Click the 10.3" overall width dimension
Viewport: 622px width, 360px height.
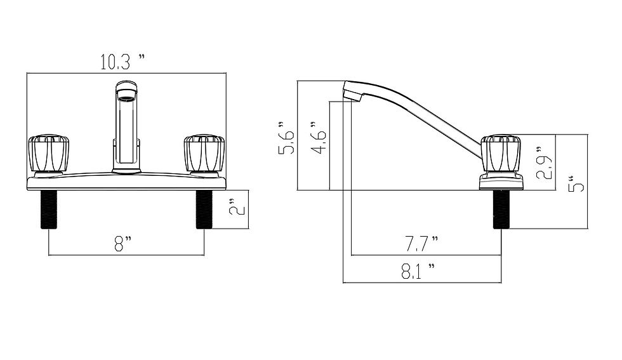(122, 62)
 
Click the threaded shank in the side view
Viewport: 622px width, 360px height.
(501, 209)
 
